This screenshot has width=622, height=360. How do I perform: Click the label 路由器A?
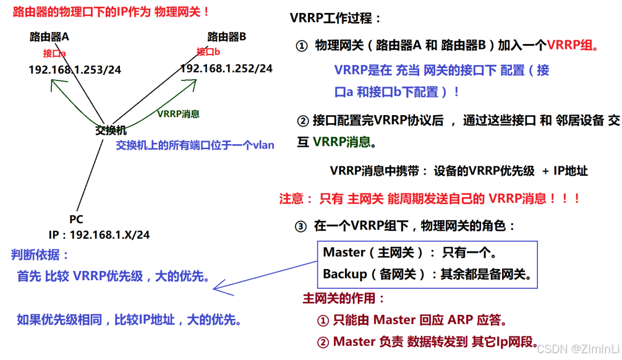point(49,37)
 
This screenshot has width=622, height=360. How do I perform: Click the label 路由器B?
point(227,37)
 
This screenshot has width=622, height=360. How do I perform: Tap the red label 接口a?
point(54,53)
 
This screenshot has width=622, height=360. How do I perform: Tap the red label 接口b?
point(208,52)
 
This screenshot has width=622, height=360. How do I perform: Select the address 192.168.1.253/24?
point(75,70)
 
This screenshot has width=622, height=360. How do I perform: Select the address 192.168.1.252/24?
point(226,69)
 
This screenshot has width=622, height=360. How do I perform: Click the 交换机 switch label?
point(111,131)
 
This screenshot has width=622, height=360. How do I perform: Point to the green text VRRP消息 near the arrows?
point(178,114)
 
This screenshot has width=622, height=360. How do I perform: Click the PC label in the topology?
point(76,220)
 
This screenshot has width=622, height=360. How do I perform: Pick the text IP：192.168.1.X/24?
point(99,235)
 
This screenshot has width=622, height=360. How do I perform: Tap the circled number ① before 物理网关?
point(301,46)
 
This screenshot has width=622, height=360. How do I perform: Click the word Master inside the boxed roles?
point(344,252)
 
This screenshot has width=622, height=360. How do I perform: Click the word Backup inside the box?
point(345,274)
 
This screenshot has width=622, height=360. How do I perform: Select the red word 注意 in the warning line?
point(291,199)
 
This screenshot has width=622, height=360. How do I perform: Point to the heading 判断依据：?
point(40,255)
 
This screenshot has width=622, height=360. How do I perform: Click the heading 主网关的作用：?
point(344,299)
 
